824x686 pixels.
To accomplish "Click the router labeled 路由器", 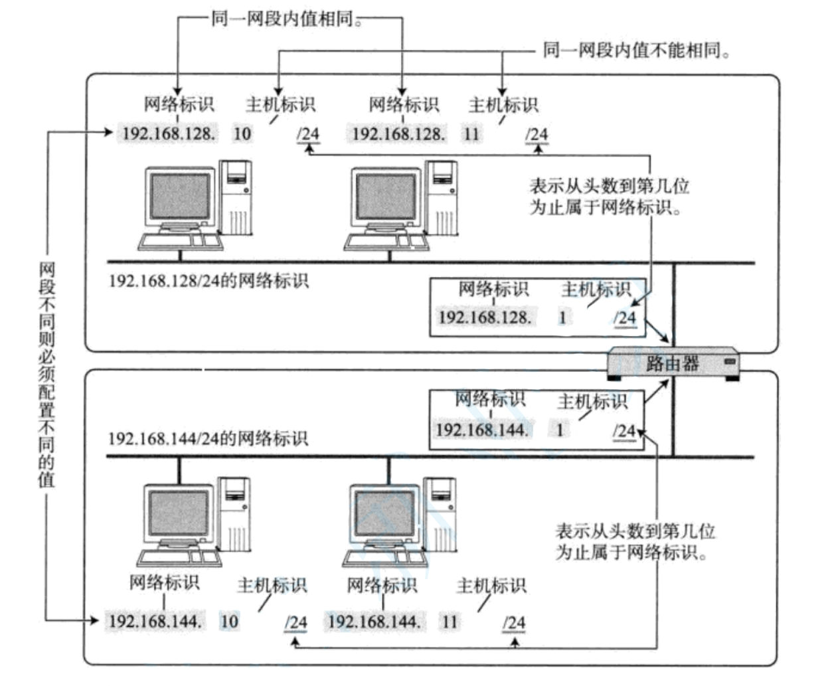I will click(673, 363).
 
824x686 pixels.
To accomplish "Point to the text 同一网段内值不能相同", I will click(635, 50).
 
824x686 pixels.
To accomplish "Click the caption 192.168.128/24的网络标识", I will click(208, 280).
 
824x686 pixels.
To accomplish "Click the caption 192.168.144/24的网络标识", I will click(208, 438).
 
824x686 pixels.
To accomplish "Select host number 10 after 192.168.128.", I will click(242, 134).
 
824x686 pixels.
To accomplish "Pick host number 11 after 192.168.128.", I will click(471, 134).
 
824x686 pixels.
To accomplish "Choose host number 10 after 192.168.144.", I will click(229, 622).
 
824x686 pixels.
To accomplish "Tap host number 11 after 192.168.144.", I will click(450, 622).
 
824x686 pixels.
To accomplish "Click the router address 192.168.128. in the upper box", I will click(485, 317).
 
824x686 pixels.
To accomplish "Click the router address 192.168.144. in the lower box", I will click(482, 430).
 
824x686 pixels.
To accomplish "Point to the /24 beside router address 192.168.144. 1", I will click(624, 431).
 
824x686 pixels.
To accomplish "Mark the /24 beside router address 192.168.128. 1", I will click(625, 318).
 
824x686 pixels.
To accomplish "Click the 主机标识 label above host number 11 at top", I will click(503, 105).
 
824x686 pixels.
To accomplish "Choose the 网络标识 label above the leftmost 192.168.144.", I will click(164, 582).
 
